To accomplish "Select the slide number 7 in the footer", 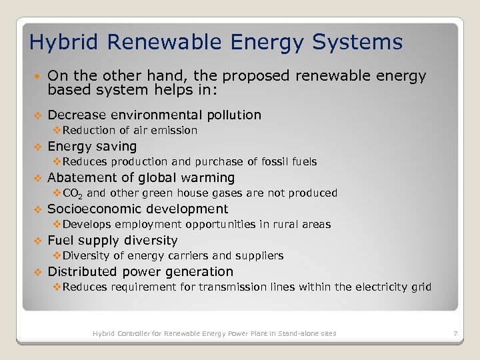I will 455,333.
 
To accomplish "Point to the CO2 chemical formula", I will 72,193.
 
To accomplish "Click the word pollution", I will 229,115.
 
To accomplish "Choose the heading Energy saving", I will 92,147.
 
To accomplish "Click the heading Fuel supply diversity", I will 113,241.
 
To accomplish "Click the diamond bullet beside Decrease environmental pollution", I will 38,115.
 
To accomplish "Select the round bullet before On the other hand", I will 38,77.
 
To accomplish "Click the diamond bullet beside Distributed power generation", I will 38,272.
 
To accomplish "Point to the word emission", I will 174,131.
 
